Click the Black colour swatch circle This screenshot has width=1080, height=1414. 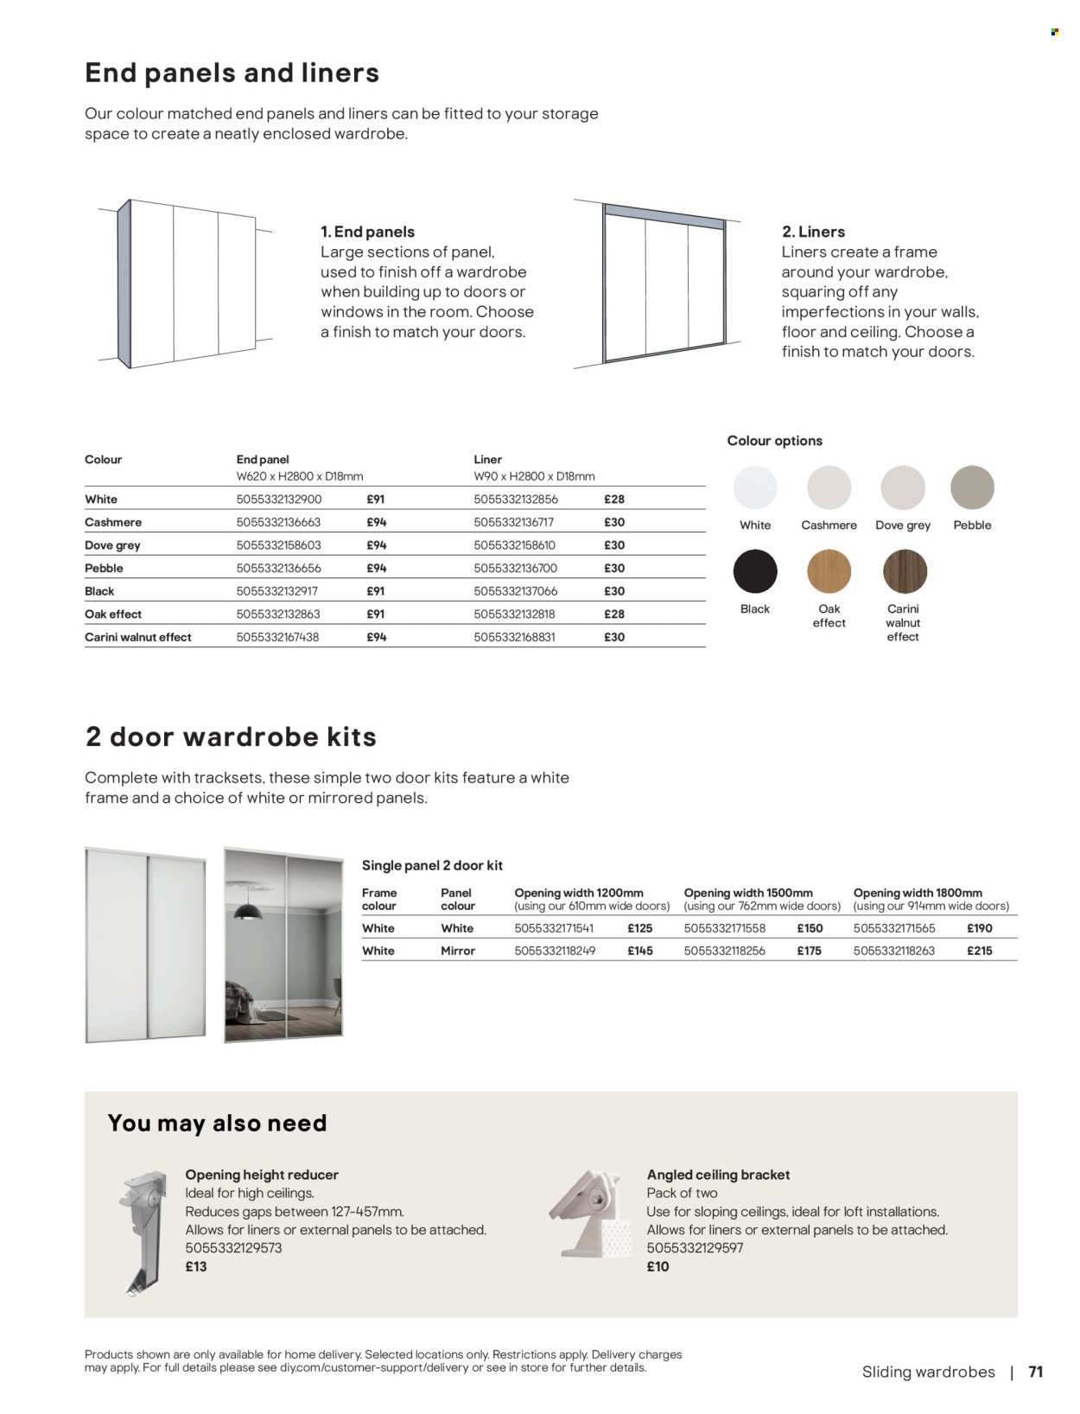(x=755, y=571)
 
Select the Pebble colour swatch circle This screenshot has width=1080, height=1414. (x=972, y=487)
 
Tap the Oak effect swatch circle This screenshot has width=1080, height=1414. (x=829, y=571)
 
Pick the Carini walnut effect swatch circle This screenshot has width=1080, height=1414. (x=905, y=571)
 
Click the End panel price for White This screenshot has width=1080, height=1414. (x=376, y=500)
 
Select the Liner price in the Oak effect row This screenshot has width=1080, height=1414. (x=613, y=615)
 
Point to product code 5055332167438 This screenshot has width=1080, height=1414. (x=278, y=637)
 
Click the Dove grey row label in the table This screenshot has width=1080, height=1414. (x=112, y=545)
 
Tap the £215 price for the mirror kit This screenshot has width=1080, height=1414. (x=980, y=951)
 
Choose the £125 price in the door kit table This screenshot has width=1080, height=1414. (x=639, y=928)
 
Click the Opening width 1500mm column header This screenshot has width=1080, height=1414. (x=748, y=893)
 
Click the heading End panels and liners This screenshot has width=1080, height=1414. (x=232, y=73)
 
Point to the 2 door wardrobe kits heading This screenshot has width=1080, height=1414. (x=231, y=737)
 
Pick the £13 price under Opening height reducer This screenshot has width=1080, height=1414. (x=196, y=1267)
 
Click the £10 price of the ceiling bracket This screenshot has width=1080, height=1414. (x=658, y=1267)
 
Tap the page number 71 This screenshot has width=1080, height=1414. (x=1036, y=1372)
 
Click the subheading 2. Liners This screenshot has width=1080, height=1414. (x=813, y=232)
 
